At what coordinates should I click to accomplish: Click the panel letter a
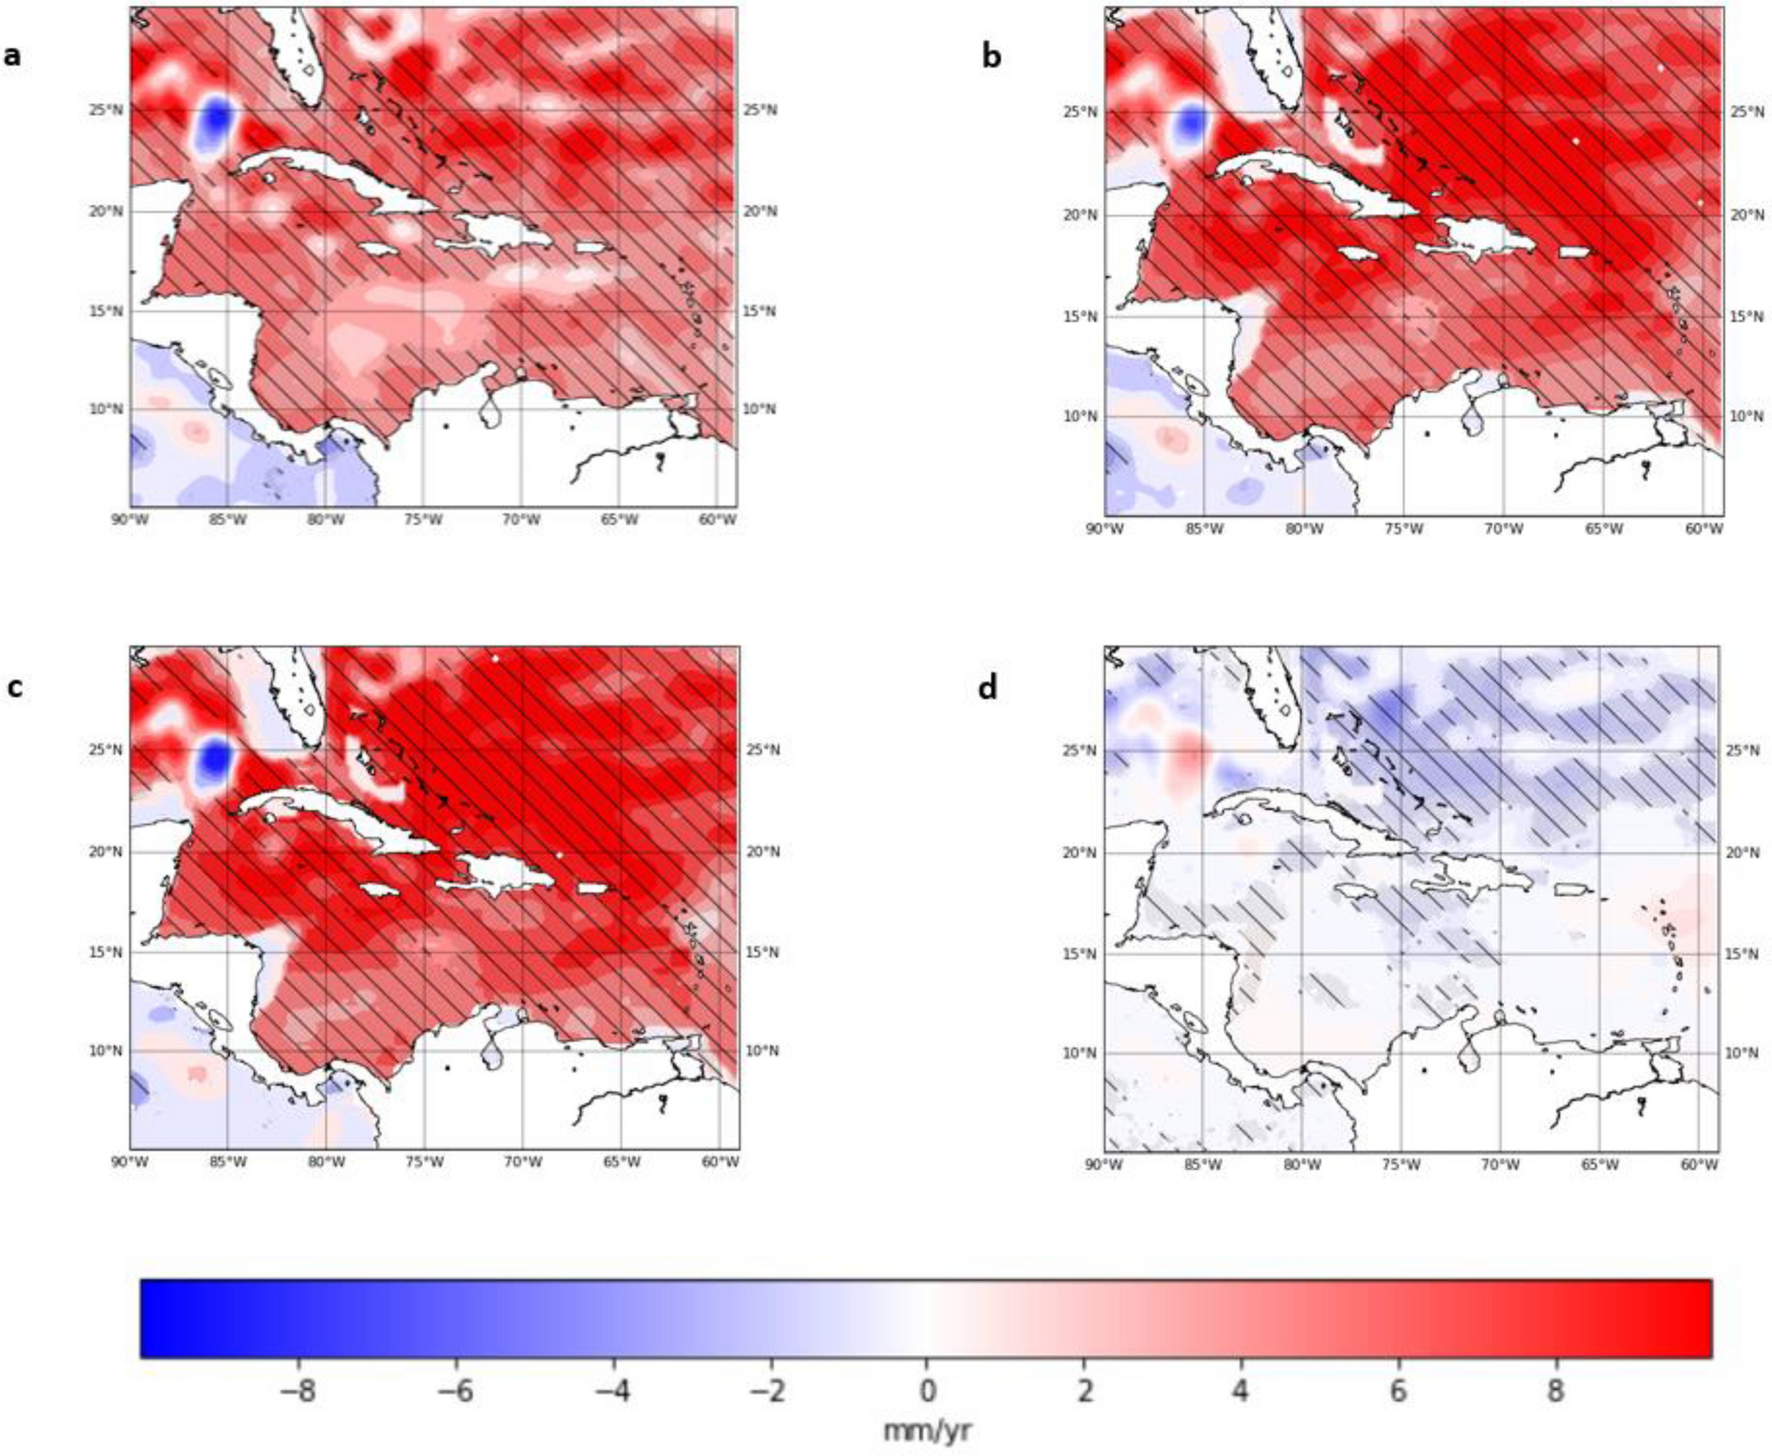pyautogui.click(x=11, y=56)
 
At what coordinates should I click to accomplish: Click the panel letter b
pyautogui.click(x=992, y=57)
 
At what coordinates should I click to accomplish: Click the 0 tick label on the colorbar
pyautogui.click(x=927, y=1392)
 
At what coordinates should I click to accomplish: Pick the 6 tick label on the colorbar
pyautogui.click(x=1397, y=1392)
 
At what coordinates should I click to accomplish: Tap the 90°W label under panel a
pyautogui.click(x=130, y=519)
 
